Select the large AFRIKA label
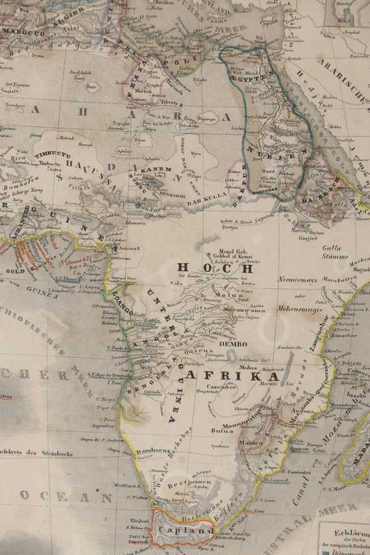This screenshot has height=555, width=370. [x=232, y=376]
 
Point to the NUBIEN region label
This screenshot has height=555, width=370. [x=285, y=154]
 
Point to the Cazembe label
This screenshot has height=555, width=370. [x=223, y=386]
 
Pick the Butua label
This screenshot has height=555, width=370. [x=222, y=430]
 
